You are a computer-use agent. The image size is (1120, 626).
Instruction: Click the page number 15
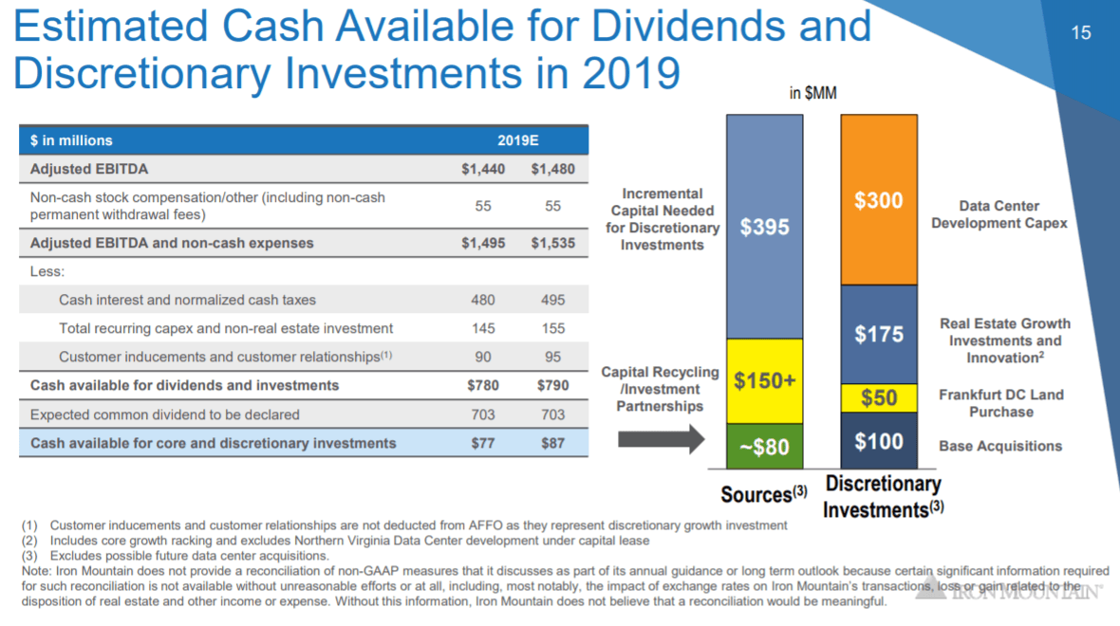(1081, 33)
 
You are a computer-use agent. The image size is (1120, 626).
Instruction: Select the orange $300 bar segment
(879, 200)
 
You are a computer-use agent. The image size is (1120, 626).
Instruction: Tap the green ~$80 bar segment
(765, 446)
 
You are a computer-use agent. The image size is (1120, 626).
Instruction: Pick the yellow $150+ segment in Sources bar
(765, 380)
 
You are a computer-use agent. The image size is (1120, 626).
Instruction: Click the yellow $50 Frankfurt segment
(879, 397)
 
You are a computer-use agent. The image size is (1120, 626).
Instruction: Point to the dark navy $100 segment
(879, 441)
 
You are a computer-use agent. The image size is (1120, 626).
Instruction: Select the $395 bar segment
(765, 227)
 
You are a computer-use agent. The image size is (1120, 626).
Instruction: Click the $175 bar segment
(879, 334)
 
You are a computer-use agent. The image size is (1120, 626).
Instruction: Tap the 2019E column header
(517, 140)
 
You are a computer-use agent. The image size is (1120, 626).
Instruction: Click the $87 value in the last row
(552, 443)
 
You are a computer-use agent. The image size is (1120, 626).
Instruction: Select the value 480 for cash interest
(482, 300)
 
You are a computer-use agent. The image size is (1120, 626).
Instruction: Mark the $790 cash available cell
(552, 385)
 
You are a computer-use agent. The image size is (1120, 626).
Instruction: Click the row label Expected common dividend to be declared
(165, 414)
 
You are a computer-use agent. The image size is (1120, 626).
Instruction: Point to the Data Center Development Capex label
(999, 214)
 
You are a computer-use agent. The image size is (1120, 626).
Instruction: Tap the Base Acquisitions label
(1000, 446)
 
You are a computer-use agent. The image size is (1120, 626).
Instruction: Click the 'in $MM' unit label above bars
(813, 93)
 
